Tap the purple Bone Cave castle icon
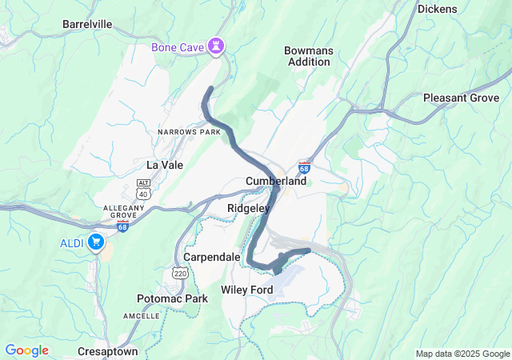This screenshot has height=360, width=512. (216, 46)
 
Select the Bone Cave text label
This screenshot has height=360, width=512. (178, 47)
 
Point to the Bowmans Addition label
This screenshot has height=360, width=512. (308, 56)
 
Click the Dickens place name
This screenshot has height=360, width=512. (438, 9)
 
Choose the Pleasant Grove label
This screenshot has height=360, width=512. (461, 98)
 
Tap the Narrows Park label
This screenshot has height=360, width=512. (189, 131)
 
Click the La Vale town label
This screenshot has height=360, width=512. (165, 164)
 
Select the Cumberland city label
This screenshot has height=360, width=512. (276, 182)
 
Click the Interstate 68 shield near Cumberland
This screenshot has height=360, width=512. (304, 168)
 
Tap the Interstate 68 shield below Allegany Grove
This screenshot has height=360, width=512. (122, 226)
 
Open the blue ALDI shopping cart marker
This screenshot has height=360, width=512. (96, 242)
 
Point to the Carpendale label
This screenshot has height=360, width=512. (211, 257)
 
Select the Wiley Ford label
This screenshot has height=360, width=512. (247, 289)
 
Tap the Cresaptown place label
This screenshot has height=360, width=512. (108, 351)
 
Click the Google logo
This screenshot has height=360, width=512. (26, 350)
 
